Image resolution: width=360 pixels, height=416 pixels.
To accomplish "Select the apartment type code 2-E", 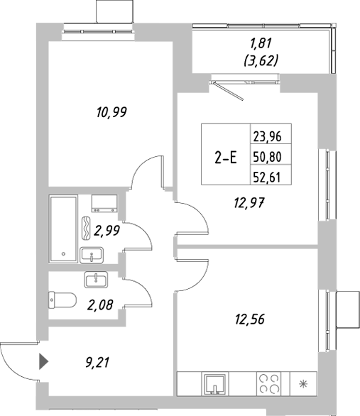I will coord(225,158).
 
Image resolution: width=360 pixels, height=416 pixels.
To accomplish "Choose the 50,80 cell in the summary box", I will coord(267,158).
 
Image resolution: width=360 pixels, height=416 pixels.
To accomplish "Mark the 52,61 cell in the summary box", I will coord(267,179).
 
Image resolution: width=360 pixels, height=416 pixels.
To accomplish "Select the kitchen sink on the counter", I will coord(214,384).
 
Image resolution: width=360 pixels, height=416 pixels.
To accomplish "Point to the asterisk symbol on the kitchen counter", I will coord(304,385).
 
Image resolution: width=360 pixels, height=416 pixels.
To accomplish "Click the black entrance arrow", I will coord(43,362).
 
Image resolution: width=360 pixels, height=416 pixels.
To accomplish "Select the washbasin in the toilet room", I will coord(94,280).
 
